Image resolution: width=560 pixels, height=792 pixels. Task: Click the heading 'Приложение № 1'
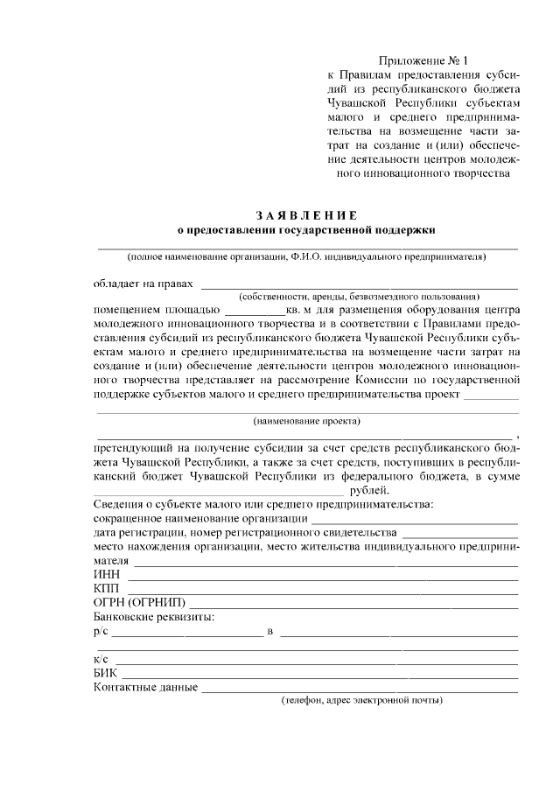pyautogui.click(x=423, y=61)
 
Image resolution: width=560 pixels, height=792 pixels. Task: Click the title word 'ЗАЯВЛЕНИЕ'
pyautogui.click(x=306, y=215)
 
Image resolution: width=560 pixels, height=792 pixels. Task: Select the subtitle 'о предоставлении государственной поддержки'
pyautogui.click(x=306, y=229)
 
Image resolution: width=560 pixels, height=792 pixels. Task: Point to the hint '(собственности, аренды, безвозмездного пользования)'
pyautogui.click(x=359, y=297)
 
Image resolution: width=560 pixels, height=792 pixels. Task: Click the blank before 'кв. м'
pyautogui.click(x=255, y=312)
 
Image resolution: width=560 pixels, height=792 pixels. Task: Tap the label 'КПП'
pyautogui.click(x=108, y=588)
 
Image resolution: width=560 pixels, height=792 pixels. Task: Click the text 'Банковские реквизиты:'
pyautogui.click(x=153, y=617)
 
